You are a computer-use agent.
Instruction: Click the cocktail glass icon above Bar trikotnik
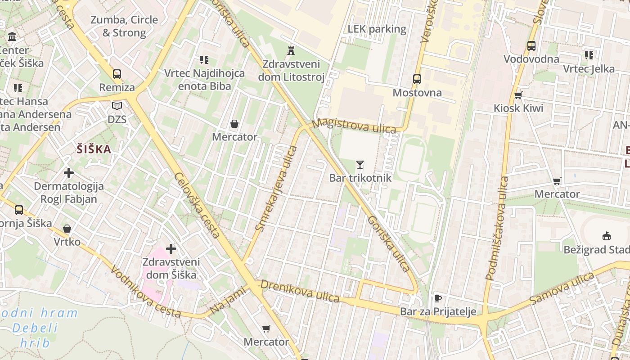[360, 165]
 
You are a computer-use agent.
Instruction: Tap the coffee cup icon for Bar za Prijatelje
[437, 298]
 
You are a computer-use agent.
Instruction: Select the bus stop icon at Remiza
[117, 74]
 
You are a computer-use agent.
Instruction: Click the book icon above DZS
[117, 106]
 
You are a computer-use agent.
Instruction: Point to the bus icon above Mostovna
[417, 80]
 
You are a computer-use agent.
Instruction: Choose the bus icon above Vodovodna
[531, 46]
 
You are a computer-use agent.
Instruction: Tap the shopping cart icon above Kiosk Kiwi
[518, 95]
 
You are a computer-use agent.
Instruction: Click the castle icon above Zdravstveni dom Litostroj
[291, 50]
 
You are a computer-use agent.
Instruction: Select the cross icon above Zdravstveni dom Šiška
[171, 248]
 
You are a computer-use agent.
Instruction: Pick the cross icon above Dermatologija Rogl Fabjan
[69, 173]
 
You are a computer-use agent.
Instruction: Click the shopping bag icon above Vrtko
[67, 229]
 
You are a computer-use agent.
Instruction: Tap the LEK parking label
[377, 30]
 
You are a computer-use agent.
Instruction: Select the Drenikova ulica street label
[300, 291]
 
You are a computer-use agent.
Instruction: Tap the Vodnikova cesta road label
[145, 292]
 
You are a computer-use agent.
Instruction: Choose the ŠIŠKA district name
[94, 149]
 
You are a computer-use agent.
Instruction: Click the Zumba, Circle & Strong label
[124, 26]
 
